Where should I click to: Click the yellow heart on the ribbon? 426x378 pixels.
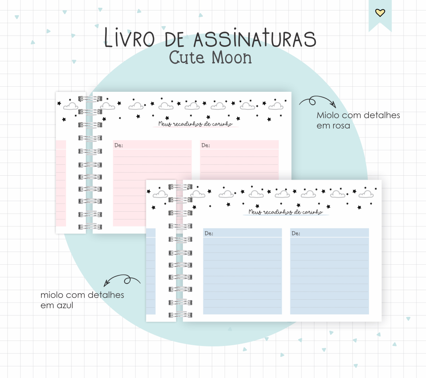[380, 13]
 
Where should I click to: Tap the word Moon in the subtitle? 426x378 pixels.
[231, 58]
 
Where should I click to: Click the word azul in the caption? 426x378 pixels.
[65, 305]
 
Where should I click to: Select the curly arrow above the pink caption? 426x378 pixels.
[317, 102]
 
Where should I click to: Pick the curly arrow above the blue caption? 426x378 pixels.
[122, 280]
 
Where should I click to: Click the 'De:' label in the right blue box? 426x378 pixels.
[296, 233]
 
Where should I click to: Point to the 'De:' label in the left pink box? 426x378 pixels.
[118, 145]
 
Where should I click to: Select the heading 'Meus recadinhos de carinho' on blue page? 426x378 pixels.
[285, 212]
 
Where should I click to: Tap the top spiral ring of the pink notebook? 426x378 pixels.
[89, 99]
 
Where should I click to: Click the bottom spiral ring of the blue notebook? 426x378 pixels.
[180, 314]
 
